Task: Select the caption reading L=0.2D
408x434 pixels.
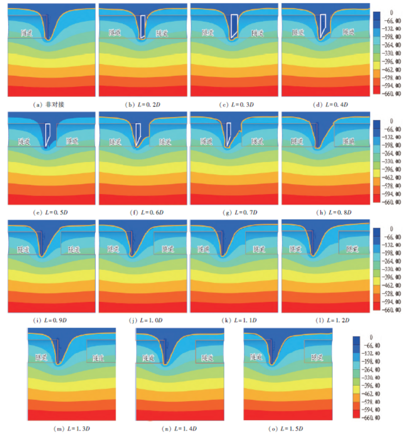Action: click(x=143, y=105)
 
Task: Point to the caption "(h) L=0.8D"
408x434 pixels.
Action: click(x=325, y=212)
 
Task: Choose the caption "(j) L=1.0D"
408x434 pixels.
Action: click(x=143, y=320)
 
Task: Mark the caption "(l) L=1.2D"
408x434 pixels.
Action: click(x=325, y=320)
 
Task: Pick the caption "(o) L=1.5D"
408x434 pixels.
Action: click(x=287, y=427)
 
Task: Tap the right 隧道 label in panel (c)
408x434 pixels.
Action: click(x=258, y=33)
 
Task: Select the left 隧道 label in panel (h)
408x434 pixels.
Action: click(x=297, y=141)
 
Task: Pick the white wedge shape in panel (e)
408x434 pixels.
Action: click(x=48, y=134)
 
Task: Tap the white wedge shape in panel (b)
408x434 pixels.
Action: click(x=142, y=27)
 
